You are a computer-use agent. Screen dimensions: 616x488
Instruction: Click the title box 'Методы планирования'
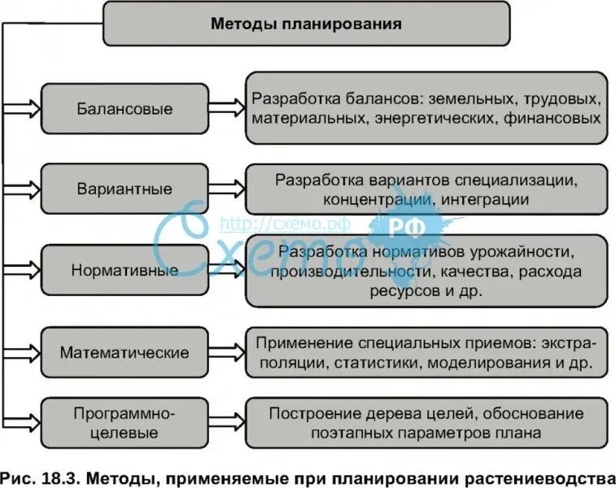point(307,24)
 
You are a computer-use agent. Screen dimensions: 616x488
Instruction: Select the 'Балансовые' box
point(125,108)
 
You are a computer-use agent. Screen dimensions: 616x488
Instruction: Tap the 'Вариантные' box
point(125,189)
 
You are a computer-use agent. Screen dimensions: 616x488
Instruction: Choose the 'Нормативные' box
point(125,270)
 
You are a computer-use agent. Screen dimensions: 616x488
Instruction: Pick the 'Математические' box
point(125,353)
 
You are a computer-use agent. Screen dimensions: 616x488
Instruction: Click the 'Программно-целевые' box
point(125,422)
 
